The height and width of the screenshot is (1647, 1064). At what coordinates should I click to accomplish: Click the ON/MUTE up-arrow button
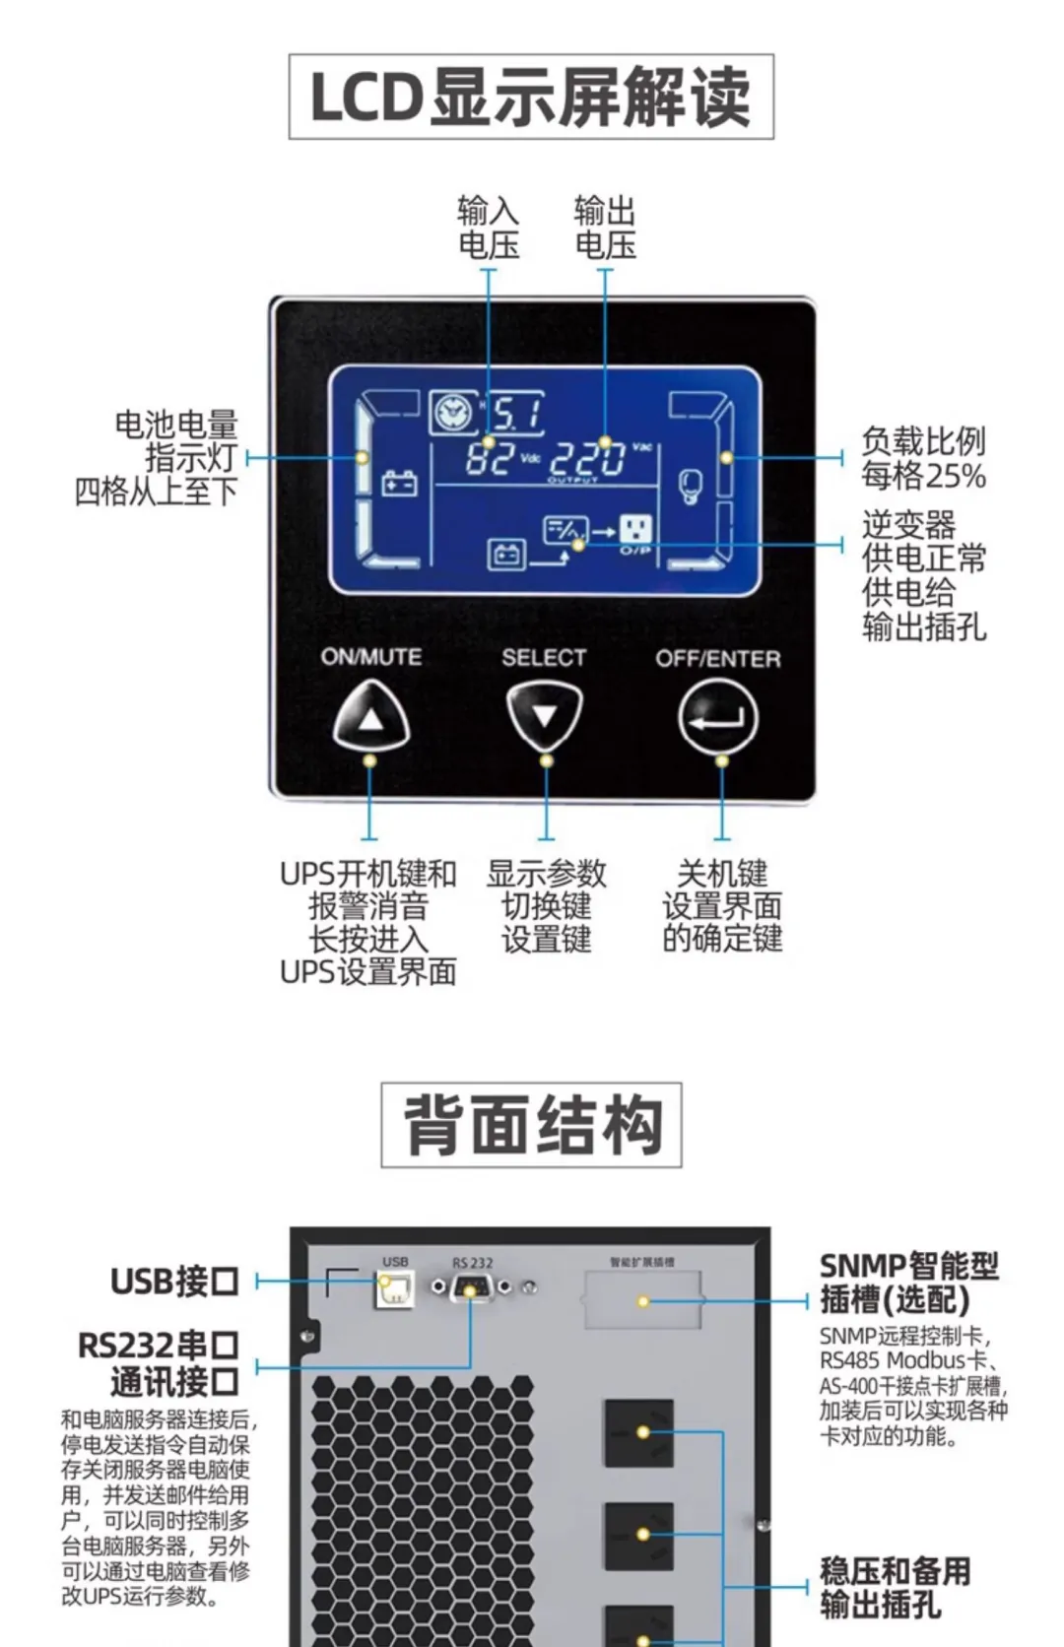pos(370,717)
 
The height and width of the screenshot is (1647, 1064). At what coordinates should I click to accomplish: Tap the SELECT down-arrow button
pos(544,716)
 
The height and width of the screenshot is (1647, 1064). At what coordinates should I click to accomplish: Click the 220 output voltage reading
pos(587,458)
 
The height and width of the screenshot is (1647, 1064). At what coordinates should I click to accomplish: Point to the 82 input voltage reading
pos(490,457)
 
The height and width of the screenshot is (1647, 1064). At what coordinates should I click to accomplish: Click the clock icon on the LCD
pos(452,412)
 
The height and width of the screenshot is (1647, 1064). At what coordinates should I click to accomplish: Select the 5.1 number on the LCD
pos(516,413)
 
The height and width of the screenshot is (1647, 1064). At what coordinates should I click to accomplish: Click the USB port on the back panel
pos(394,1288)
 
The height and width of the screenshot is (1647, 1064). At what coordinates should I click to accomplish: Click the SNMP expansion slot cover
pos(642,1300)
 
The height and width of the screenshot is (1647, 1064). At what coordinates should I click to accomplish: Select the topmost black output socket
pos(638,1432)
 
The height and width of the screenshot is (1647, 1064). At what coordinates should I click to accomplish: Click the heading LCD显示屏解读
pos(531,97)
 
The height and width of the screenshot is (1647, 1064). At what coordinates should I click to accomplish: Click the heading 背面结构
pos(531,1125)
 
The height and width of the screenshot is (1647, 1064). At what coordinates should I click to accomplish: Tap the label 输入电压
pos(488,228)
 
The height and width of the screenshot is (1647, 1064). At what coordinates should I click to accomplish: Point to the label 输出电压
pos(605,228)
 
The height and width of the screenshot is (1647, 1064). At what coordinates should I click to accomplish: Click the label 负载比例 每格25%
pos(923,458)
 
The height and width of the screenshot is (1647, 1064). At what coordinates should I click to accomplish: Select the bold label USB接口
pos(174,1281)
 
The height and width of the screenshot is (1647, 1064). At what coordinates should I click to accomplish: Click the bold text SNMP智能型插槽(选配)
pos(908,1282)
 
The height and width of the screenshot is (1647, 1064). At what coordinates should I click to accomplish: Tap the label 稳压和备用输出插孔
pos(895,1587)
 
